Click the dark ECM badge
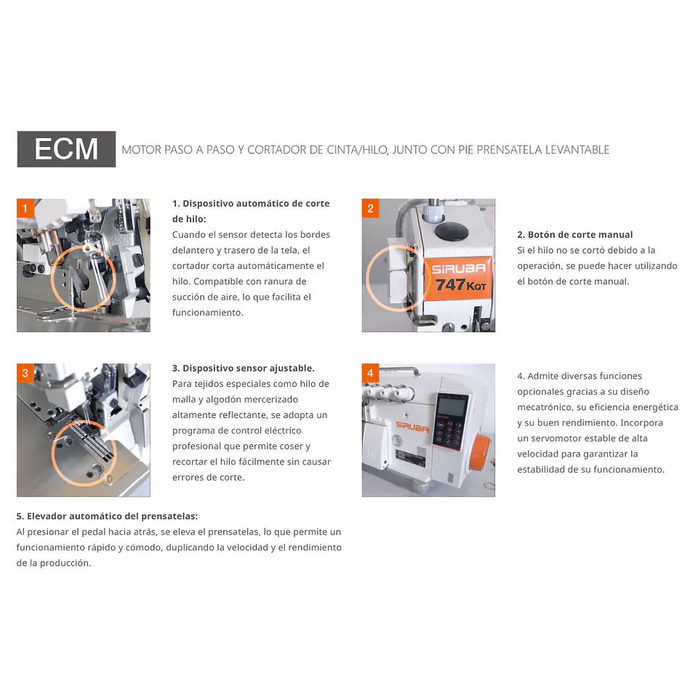[x=66, y=149]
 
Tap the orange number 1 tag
[x=25, y=208]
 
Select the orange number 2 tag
[x=370, y=208]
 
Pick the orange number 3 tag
[x=25, y=372]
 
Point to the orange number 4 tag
[x=370, y=372]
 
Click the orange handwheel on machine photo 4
[x=479, y=452]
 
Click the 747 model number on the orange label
[x=450, y=285]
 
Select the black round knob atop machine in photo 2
[x=452, y=231]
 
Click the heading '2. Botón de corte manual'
[x=574, y=235]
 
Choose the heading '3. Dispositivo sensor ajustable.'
[x=244, y=368]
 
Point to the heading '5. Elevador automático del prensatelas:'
[x=108, y=516]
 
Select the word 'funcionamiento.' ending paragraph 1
[x=208, y=313]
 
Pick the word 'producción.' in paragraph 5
[x=65, y=563]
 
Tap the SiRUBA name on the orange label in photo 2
[x=459, y=268]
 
